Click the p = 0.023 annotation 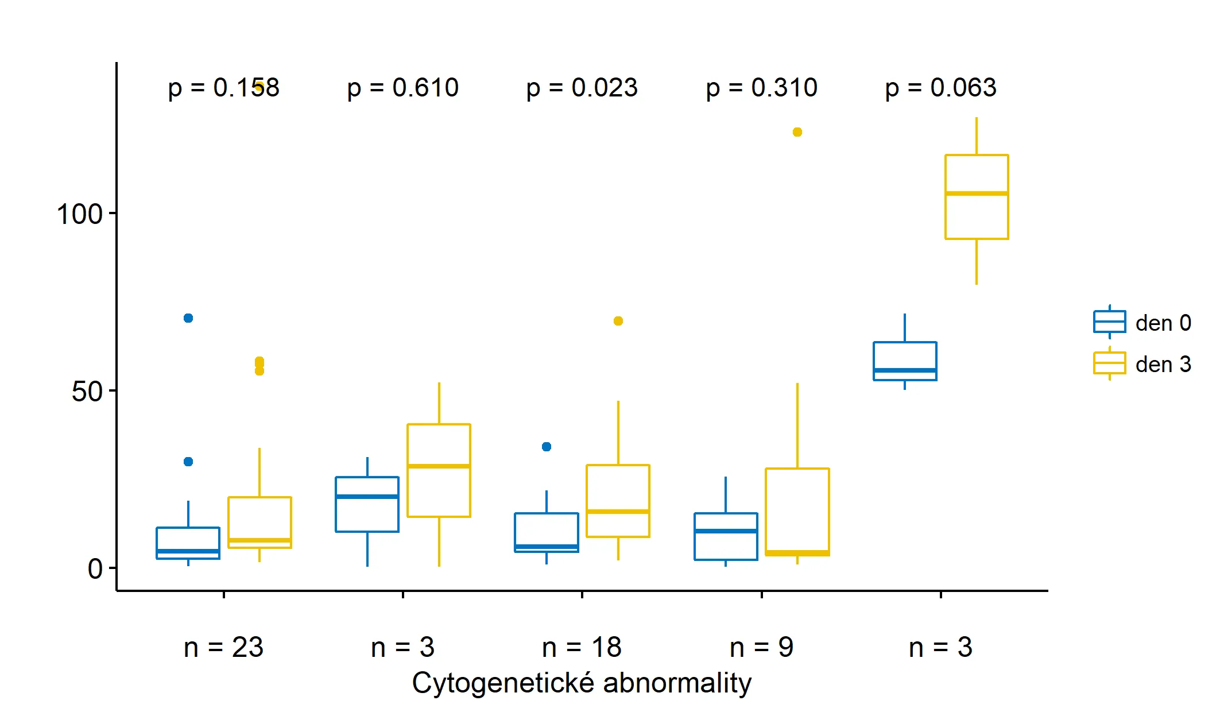pos(582,88)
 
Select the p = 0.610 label pos(402,88)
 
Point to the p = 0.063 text pos(940,88)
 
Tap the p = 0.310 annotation pos(761,88)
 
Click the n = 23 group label pos(223,647)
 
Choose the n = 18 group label pos(582,647)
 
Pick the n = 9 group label pos(761,647)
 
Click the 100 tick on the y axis pos(79,214)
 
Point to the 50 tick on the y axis pos(87,392)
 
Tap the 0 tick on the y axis pos(95,568)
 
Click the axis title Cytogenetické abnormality pos(582,683)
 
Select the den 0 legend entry pos(1142,323)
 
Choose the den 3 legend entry pos(1142,364)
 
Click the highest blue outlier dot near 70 pos(188,318)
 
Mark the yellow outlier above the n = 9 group pos(797,132)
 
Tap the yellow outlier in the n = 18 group pos(618,321)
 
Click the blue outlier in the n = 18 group pos(547,447)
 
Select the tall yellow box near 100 pos(977,197)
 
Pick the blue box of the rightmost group pos(905,361)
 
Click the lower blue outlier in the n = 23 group pos(188,462)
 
